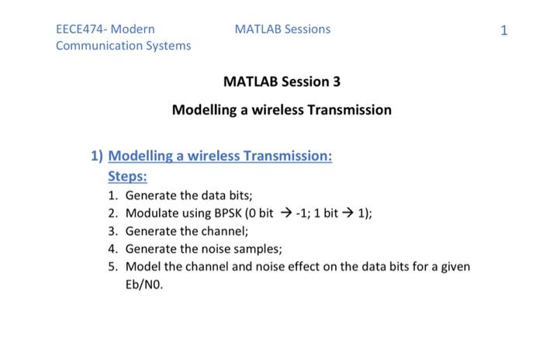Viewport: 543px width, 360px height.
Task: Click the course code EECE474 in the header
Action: tap(81, 29)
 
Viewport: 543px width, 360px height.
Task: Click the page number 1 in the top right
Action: tap(504, 30)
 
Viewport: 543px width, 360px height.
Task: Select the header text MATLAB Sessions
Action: tap(282, 29)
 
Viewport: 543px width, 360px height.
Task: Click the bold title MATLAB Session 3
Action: tap(282, 81)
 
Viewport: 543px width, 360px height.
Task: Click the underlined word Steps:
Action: tap(126, 175)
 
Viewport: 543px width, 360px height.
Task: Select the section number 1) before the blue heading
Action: tap(96, 156)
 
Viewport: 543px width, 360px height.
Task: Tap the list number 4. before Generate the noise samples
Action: tap(113, 249)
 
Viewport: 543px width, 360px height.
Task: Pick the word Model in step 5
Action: tap(143, 267)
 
